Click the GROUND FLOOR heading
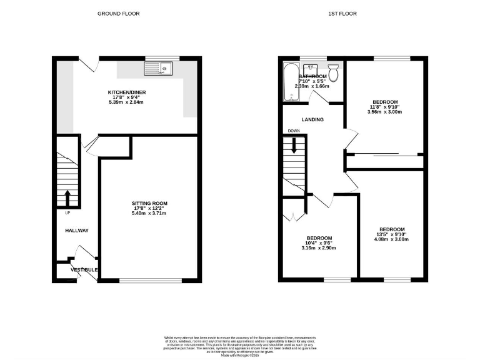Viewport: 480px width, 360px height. pyautogui.click(x=118, y=13)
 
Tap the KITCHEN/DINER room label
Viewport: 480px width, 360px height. pyautogui.click(x=127, y=92)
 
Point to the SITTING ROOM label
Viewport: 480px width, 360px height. pyautogui.click(x=149, y=203)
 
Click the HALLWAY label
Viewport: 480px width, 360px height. pyautogui.click(x=77, y=231)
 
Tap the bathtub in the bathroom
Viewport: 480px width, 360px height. pyautogui.click(x=290, y=82)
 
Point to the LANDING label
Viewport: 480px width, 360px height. pyautogui.click(x=312, y=119)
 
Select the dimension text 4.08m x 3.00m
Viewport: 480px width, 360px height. pyautogui.click(x=391, y=239)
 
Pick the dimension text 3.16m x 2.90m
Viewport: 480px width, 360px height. pyautogui.click(x=319, y=248)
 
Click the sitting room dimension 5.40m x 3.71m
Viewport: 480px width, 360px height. pyautogui.click(x=149, y=214)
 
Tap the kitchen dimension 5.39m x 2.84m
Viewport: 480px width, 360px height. pyautogui.click(x=127, y=102)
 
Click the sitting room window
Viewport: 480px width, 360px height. pyautogui.click(x=151, y=280)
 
